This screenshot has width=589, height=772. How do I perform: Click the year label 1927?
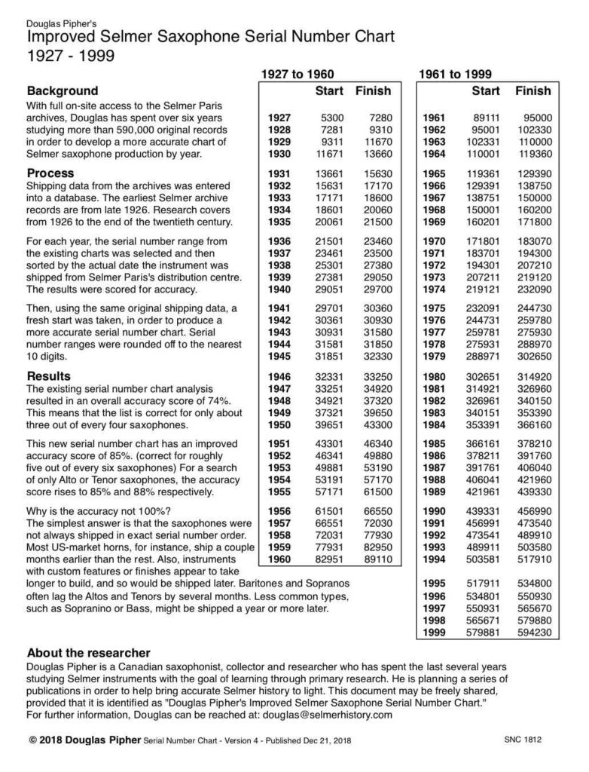click(279, 118)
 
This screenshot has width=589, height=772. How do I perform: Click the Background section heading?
click(63, 90)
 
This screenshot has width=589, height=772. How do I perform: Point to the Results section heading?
click(49, 375)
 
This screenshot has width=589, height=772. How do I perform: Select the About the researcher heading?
click(89, 652)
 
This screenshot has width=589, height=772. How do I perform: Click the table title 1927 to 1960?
click(297, 74)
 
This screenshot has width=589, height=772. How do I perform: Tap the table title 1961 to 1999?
click(455, 74)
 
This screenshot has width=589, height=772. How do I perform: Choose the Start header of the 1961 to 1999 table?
click(485, 91)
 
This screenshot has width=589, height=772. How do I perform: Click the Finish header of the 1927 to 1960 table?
click(373, 91)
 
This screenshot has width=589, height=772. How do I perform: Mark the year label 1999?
click(435, 633)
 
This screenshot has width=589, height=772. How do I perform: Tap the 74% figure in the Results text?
click(218, 400)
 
